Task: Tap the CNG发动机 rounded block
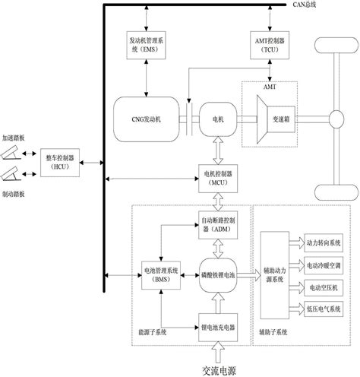point(144,119)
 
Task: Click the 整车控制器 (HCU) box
point(58,161)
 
